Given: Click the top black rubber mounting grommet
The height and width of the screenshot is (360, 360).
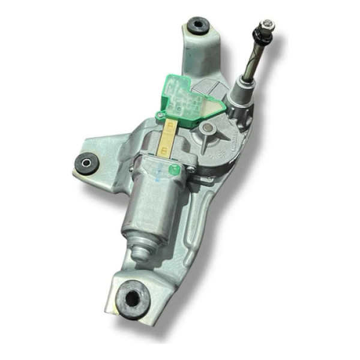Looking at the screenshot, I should [197, 26].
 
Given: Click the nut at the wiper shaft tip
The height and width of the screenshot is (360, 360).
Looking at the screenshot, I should [266, 25].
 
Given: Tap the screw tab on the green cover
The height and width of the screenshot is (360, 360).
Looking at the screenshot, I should [160, 115].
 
